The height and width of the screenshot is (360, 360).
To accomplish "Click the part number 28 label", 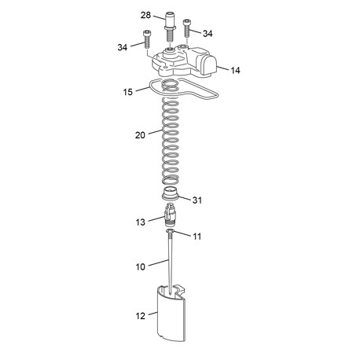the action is [145, 15].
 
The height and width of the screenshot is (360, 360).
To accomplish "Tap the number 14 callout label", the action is [235, 70].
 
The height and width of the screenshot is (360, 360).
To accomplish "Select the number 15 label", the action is [128, 92].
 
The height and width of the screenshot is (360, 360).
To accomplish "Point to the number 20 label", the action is [140, 135].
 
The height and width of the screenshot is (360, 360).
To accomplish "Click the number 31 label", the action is [197, 200].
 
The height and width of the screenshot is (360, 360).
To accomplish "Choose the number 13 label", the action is [141, 222].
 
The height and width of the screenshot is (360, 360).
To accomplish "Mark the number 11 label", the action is [197, 237].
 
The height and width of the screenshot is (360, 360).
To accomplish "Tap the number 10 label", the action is [141, 266].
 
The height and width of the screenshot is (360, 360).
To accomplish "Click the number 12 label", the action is [141, 316].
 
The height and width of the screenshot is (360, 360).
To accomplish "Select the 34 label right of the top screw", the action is [208, 34].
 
